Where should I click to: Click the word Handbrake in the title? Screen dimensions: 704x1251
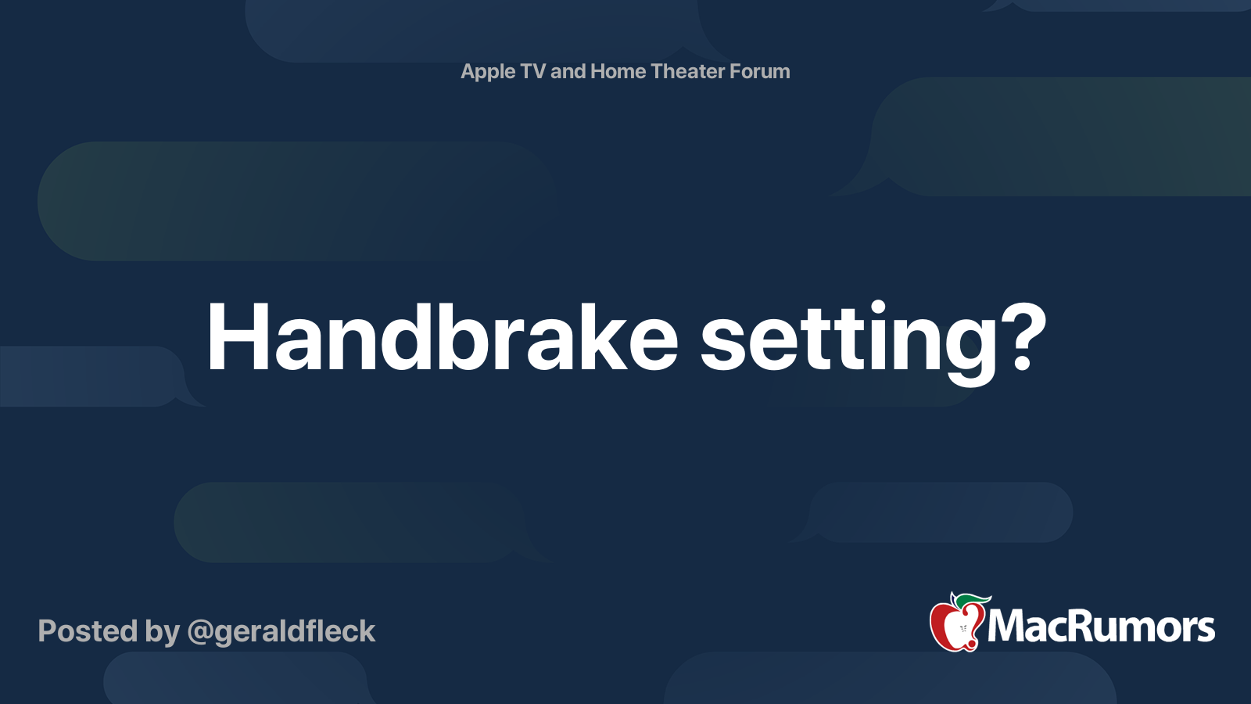point(442,338)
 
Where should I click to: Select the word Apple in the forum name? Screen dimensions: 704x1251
point(488,72)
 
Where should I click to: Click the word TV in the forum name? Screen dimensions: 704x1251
point(532,71)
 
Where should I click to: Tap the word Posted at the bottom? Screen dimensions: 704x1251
point(88,631)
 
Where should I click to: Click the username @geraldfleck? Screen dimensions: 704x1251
point(281,631)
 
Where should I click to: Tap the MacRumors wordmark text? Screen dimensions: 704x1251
point(1101,627)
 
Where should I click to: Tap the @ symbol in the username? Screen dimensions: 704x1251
point(200,632)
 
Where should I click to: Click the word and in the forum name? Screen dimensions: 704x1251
point(568,71)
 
